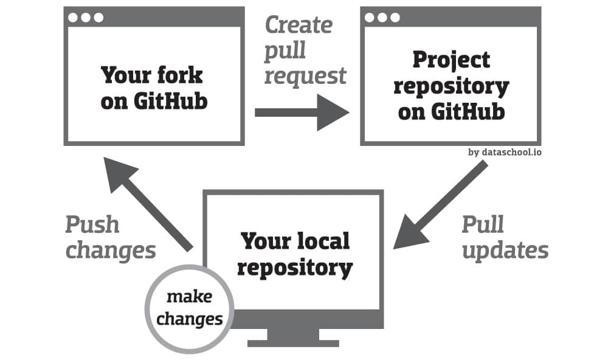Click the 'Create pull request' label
point(305,50)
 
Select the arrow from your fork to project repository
point(302,112)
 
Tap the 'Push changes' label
point(111,237)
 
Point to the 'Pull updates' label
point(505,237)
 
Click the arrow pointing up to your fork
point(148,204)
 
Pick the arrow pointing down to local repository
point(440,204)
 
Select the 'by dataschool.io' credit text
point(505,152)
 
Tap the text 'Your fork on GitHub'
point(154,88)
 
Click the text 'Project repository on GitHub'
point(451,86)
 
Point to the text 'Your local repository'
point(295,254)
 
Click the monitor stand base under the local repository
point(293,344)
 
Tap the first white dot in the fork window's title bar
point(73,18)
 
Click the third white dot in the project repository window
point(395,18)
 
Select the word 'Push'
point(92,224)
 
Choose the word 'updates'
point(505,251)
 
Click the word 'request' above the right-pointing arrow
point(305,75)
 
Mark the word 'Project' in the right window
point(451,60)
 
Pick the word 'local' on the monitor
point(323,241)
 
